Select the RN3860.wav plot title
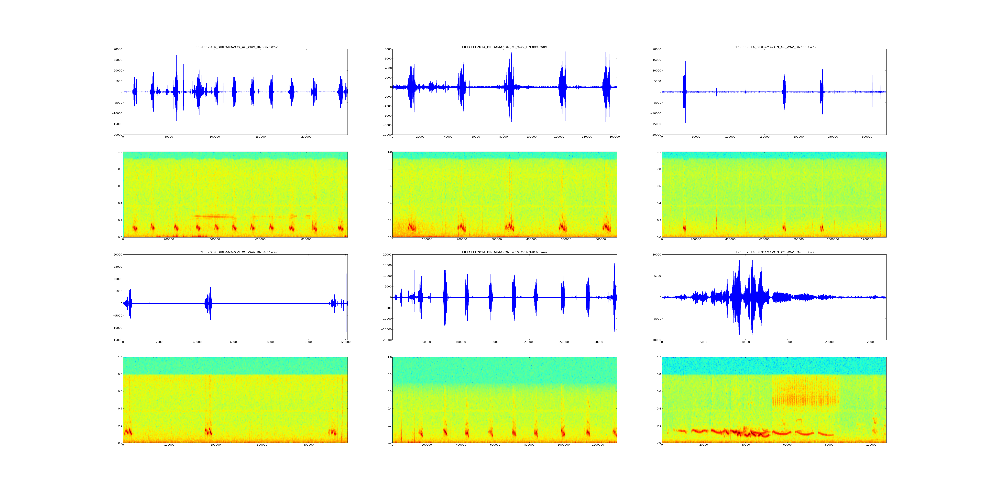[504, 47]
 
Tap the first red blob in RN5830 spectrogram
[684, 228]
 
